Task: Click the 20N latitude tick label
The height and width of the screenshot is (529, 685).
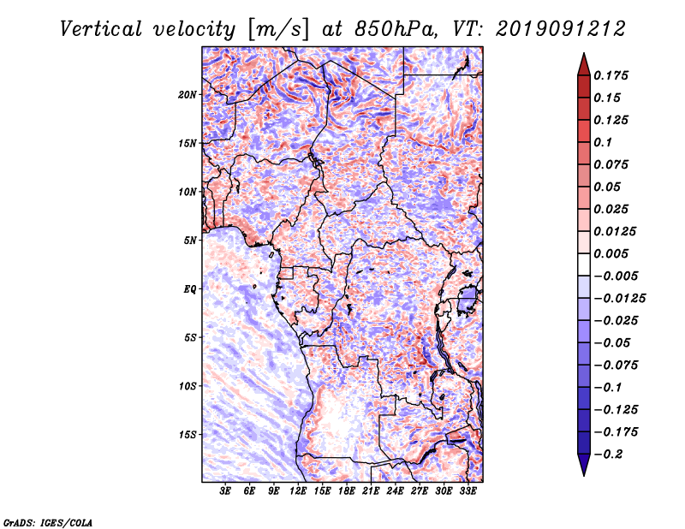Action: tap(188, 94)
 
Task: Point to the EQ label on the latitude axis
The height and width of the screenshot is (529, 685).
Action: tap(190, 289)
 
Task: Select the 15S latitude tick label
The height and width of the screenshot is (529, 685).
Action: tap(188, 435)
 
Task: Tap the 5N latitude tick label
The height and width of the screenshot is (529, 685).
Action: tap(190, 241)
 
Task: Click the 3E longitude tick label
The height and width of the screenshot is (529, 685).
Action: tap(226, 491)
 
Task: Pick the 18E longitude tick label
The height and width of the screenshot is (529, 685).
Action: tap(347, 491)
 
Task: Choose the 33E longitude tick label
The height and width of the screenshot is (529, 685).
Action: tap(468, 491)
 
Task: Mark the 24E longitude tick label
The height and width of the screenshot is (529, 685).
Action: tap(395, 491)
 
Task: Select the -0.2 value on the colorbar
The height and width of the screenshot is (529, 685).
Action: tap(612, 454)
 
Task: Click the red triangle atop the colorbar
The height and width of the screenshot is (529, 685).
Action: tap(583, 63)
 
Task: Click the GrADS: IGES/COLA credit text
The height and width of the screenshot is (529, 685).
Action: tap(48, 521)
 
